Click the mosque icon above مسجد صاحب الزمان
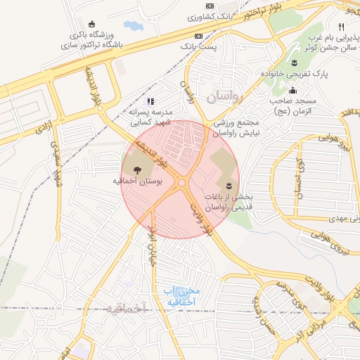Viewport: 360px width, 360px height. coord(293,90)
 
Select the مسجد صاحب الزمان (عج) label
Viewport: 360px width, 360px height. coord(292,106)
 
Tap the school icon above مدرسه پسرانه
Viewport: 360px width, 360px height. coord(150,101)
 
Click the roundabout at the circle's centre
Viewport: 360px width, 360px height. coord(182,183)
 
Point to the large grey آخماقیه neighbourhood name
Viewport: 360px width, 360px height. coord(122,308)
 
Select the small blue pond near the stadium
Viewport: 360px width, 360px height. coord(134,26)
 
